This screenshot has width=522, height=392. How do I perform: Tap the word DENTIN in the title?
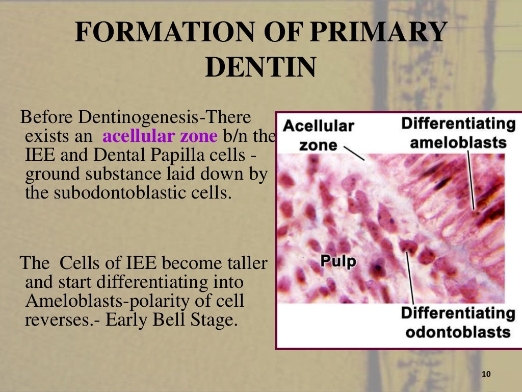260,67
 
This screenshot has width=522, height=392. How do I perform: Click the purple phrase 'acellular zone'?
160,137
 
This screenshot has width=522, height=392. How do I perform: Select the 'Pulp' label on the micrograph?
338,261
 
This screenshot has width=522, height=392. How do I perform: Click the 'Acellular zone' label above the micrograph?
318,135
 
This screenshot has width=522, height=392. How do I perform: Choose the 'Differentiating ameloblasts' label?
458,132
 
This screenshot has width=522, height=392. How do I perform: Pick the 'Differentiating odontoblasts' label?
457,323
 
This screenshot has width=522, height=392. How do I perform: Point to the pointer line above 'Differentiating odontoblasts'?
410,278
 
